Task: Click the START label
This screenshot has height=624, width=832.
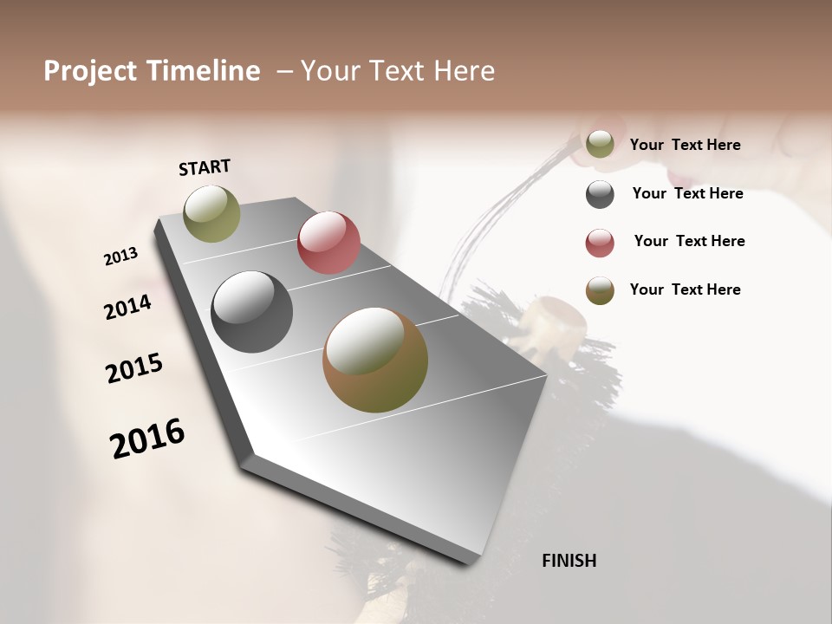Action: click(x=205, y=167)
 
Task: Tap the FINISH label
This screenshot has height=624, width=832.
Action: click(x=569, y=561)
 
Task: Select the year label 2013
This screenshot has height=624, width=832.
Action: click(x=120, y=257)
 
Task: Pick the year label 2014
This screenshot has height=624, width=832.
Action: click(x=127, y=308)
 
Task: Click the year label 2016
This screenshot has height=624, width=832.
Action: click(x=147, y=439)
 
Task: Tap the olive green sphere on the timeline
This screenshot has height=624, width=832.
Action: click(x=211, y=214)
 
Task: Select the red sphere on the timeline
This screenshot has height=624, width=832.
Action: click(x=328, y=243)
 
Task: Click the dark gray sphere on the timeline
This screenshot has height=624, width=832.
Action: click(x=252, y=312)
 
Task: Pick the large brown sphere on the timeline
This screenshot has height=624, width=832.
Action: click(x=375, y=361)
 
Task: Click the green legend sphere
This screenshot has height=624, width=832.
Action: click(x=600, y=145)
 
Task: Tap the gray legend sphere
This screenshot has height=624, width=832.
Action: click(x=600, y=194)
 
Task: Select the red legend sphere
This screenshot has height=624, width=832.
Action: click(x=600, y=243)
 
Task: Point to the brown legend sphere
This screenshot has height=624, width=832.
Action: click(x=600, y=290)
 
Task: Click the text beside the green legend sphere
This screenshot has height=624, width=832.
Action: click(x=685, y=145)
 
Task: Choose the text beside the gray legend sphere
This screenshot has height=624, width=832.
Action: click(x=687, y=193)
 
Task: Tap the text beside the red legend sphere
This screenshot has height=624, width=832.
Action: click(x=689, y=241)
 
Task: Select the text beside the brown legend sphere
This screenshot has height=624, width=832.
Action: click(x=685, y=289)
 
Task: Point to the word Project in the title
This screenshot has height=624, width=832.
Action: click(x=90, y=71)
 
